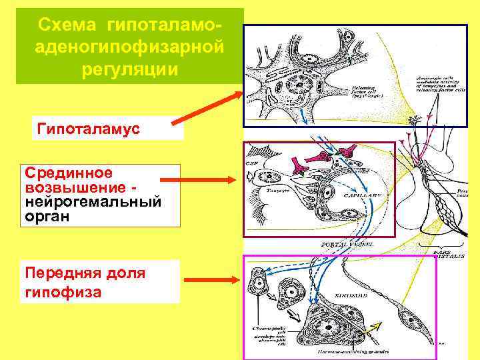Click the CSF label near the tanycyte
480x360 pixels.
coord(251,163)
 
